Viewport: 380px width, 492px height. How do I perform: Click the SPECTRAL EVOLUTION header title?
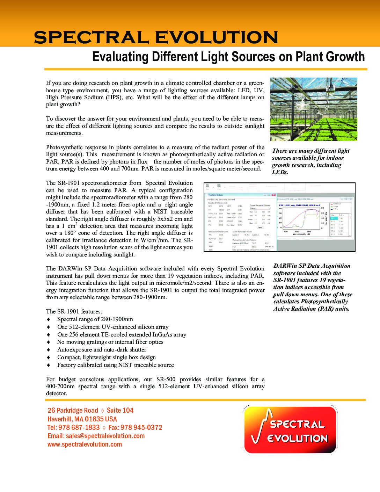156,37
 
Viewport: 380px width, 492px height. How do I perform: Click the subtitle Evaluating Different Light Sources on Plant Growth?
228,57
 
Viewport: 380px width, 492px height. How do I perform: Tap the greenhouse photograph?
314,109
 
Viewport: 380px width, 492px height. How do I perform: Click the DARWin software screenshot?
279,217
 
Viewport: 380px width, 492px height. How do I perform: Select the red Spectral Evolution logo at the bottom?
290,429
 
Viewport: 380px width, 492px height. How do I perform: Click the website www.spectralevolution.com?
85,444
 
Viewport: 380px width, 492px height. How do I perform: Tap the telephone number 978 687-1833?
79,428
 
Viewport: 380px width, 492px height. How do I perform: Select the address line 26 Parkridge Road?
73,411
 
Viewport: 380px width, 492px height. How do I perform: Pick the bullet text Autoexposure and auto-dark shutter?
102,350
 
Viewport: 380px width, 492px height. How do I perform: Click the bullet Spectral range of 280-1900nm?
95,319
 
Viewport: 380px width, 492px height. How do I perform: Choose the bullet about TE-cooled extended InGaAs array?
122,335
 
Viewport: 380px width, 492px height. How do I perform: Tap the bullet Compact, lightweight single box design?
107,357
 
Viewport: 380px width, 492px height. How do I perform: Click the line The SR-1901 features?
74,312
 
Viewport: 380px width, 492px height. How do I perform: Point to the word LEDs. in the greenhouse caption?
280,172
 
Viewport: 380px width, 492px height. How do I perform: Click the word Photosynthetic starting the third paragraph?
62,147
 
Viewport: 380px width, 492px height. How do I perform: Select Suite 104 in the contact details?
120,411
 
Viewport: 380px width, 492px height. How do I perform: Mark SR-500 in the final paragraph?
166,379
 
